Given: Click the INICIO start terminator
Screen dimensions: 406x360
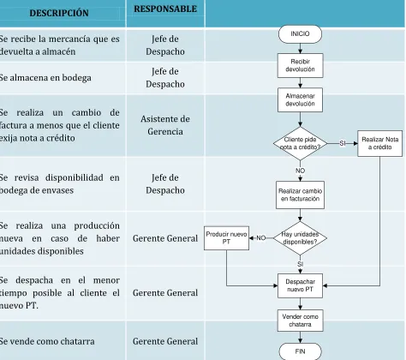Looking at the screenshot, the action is point(300,34).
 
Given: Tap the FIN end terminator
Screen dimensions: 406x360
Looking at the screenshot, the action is point(300,351).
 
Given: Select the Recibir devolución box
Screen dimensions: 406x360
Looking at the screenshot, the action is point(300,65).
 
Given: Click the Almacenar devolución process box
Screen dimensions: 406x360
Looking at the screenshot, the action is point(300,99).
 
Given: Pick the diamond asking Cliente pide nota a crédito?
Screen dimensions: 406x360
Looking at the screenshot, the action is point(300,143).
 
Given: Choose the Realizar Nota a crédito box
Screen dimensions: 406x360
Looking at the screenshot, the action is point(379,143).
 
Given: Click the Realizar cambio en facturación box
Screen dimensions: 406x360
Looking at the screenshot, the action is point(300,195).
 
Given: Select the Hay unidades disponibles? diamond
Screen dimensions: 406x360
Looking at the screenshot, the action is point(300,238).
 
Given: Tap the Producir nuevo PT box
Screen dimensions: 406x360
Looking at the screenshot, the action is point(226,238).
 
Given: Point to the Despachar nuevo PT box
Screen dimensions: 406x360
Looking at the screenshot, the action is point(300,285).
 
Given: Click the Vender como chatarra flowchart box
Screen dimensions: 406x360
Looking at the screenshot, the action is point(300,321).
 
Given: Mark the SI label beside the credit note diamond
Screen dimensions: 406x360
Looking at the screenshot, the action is point(343,143).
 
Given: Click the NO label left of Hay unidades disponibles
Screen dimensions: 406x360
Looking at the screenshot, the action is point(261,238).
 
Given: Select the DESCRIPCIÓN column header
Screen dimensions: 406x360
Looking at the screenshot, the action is point(59,13).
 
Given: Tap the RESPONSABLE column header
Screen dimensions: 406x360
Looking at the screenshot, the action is point(165,9).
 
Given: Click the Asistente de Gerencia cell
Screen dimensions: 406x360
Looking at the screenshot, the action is point(165,125).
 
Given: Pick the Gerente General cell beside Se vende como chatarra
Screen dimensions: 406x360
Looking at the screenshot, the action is point(165,341).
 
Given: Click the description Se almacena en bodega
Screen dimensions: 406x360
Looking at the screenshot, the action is point(45,78).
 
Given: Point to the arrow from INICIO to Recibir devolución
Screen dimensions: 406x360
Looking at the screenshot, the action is point(300,48).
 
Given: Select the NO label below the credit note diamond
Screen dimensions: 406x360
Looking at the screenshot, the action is point(300,171).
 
